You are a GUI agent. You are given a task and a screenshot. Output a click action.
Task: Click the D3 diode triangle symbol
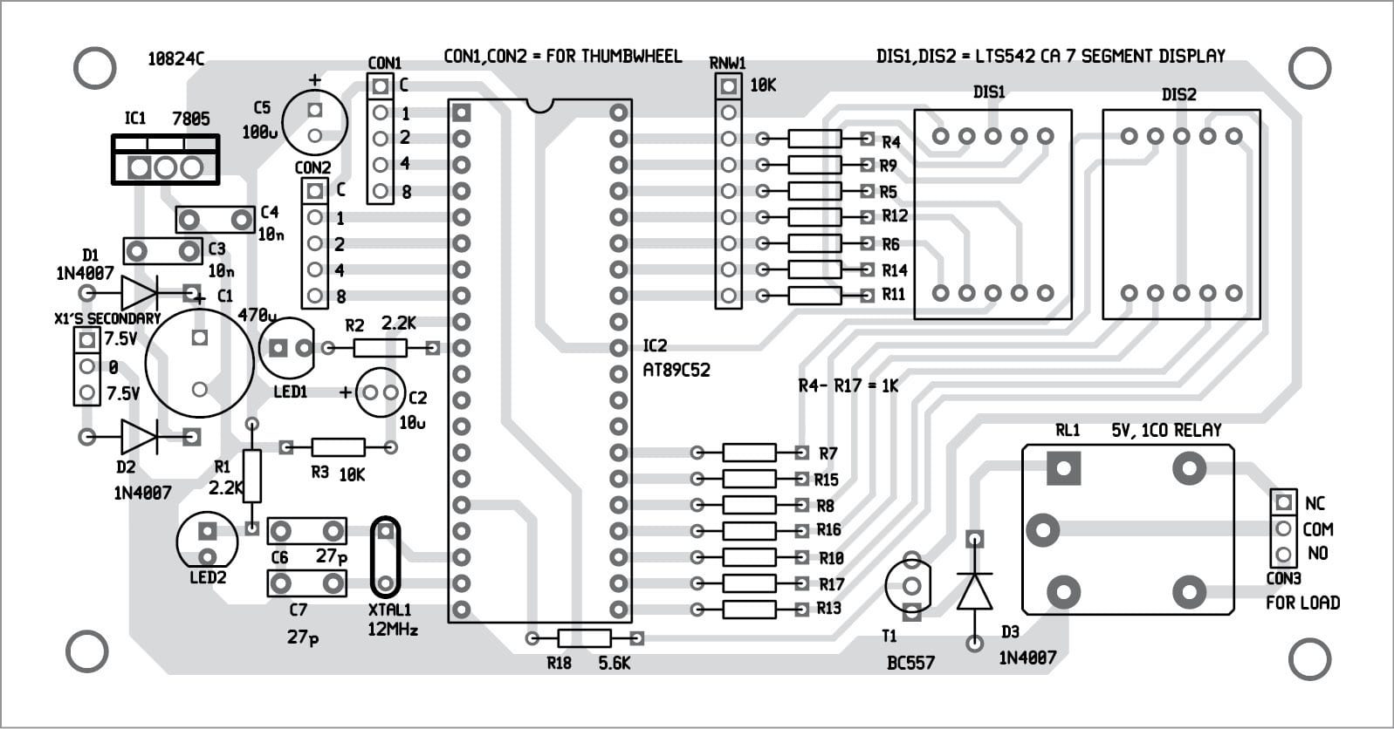pyautogui.click(x=974, y=591)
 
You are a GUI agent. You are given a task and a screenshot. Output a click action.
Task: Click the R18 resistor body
pyautogui.click(x=583, y=638)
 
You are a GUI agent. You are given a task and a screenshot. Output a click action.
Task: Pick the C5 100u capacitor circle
pyautogui.click(x=315, y=123)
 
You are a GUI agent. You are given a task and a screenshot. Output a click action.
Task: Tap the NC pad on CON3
pyautogui.click(x=1283, y=502)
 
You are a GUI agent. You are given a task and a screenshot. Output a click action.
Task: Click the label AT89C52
pyautogui.click(x=676, y=370)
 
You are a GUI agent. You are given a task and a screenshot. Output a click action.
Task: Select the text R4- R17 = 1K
pyautogui.click(x=848, y=385)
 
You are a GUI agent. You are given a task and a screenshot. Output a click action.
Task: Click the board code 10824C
pyautogui.click(x=175, y=59)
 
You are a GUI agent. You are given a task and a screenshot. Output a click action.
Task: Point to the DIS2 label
pyautogui.click(x=1178, y=94)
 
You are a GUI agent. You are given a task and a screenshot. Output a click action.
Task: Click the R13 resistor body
pyautogui.click(x=749, y=609)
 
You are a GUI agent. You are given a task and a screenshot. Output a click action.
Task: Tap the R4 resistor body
pyautogui.click(x=814, y=139)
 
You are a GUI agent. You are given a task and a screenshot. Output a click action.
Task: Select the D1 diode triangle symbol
pyautogui.click(x=139, y=292)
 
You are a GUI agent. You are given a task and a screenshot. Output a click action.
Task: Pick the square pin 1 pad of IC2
pyautogui.click(x=462, y=112)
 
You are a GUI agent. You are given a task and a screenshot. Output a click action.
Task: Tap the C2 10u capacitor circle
pyautogui.click(x=381, y=392)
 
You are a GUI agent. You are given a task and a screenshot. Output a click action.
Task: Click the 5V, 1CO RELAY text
pyautogui.click(x=1166, y=430)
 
